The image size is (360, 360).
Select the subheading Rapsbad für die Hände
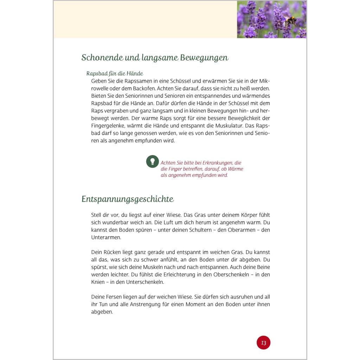tap(115, 73)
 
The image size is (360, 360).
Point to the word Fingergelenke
tap(107, 126)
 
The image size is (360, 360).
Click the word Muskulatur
tap(225, 126)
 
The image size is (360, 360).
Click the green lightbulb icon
tap(153, 161)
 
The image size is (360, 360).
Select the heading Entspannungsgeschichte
tap(128, 199)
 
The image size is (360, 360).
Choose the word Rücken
tap(112, 252)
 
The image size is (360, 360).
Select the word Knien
tap(98, 282)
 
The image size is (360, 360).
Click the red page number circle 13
tap(263, 342)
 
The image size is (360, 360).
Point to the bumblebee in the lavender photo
tap(291, 21)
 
